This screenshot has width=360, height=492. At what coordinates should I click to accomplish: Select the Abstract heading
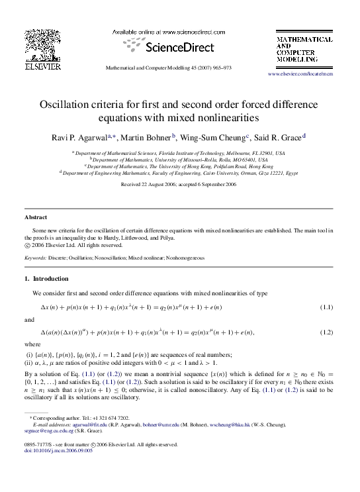(x=36, y=217)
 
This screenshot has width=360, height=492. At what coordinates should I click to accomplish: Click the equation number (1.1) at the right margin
(x=326, y=308)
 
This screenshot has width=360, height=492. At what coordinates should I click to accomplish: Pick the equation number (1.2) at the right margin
(x=326, y=332)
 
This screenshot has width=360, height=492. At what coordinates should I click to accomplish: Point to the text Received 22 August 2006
(x=150, y=185)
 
